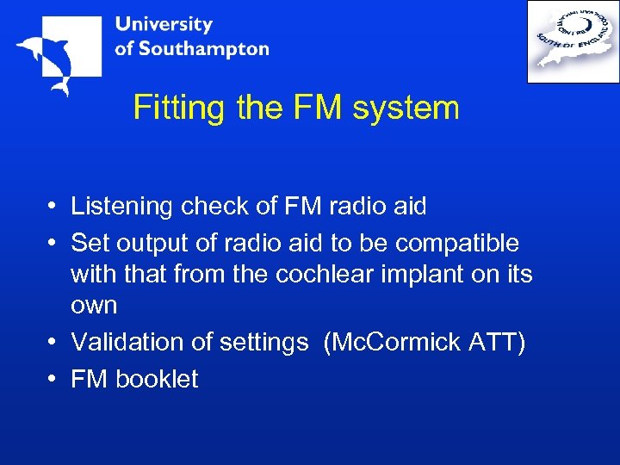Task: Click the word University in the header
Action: [x=164, y=24]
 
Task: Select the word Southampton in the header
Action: [x=203, y=48]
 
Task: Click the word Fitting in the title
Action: [x=177, y=108]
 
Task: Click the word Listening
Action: [x=122, y=207]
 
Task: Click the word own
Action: [x=94, y=306]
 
